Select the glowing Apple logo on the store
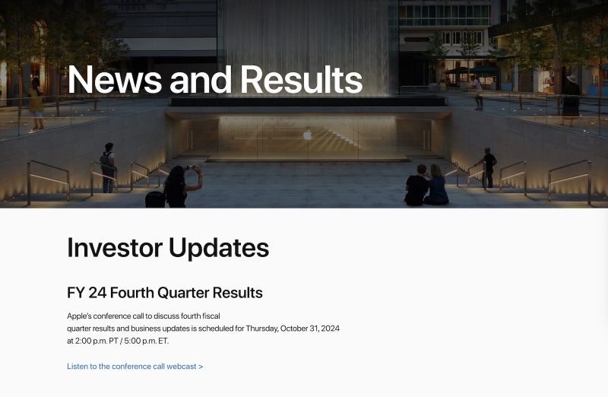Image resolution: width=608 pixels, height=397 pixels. coord(308,135)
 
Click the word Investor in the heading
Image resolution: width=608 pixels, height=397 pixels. coord(114,247)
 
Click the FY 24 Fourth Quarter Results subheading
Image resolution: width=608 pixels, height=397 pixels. coord(165,293)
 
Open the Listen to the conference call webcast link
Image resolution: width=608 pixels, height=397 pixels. coord(135,367)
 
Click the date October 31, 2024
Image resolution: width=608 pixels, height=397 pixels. coord(310,329)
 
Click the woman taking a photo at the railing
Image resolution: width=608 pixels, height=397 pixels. coord(179,186)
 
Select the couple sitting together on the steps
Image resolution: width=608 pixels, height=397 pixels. coord(426,186)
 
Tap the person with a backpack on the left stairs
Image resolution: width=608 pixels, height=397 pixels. coord(109,167)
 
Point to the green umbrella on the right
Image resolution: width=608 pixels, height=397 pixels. coord(484,69)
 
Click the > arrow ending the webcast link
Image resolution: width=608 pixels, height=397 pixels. coord(201,367)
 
